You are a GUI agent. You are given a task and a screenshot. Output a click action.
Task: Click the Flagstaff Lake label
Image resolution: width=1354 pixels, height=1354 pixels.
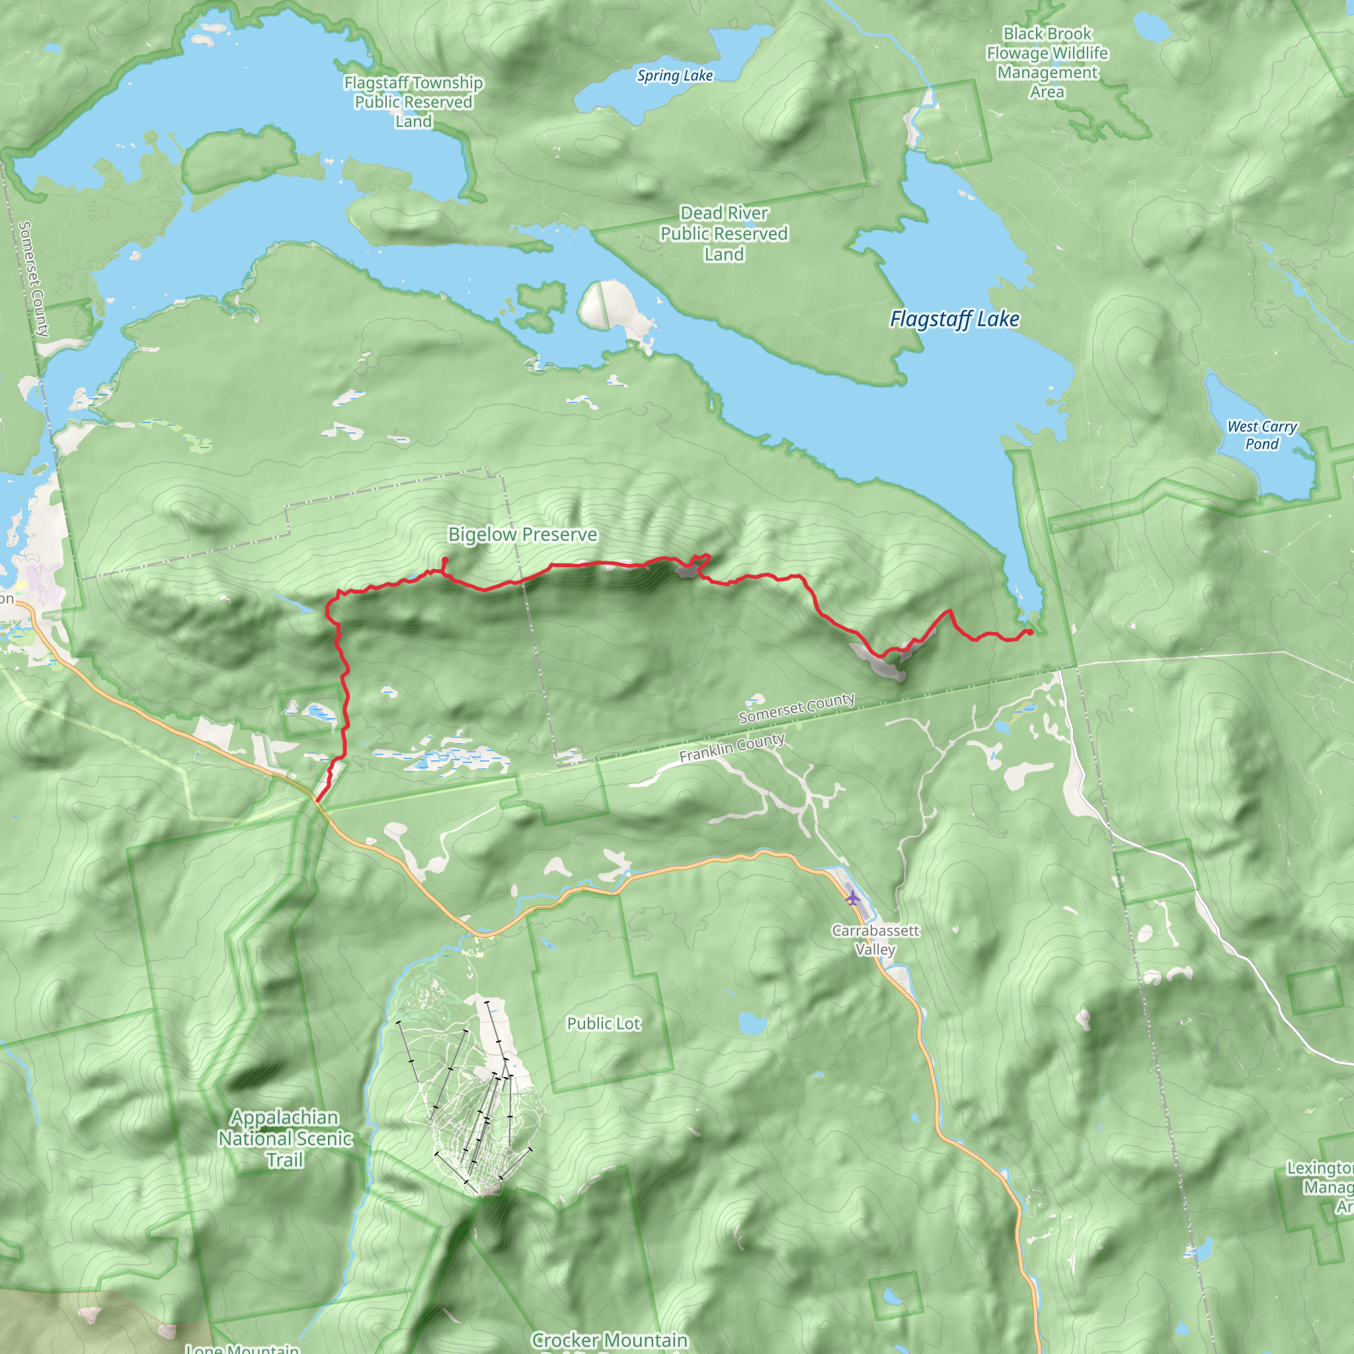click(954, 319)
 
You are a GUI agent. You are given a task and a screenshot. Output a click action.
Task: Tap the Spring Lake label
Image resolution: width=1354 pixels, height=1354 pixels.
click(674, 75)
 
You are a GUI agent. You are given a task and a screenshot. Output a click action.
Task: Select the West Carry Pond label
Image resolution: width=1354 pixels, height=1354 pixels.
click(1261, 434)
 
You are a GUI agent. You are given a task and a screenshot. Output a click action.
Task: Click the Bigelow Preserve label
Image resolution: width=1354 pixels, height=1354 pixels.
click(523, 535)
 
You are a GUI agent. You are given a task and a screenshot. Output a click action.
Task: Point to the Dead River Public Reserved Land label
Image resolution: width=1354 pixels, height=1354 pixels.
click(724, 233)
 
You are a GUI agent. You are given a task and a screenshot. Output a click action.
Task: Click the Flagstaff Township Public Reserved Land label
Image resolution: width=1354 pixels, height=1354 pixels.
click(413, 102)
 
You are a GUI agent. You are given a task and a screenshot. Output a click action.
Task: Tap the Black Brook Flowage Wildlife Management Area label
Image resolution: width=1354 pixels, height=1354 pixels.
click(1047, 63)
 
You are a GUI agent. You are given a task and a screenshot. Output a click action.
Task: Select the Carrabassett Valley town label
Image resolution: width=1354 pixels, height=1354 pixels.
click(875, 940)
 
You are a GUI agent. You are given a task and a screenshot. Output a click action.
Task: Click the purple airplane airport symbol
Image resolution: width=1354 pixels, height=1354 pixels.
click(852, 898)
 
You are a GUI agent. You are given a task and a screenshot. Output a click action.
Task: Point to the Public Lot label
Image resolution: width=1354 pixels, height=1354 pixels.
click(604, 1024)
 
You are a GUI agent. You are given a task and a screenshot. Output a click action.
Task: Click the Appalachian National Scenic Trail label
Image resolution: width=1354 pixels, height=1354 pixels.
click(285, 1138)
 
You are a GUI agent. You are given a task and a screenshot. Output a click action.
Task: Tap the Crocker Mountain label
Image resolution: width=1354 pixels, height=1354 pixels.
click(610, 1340)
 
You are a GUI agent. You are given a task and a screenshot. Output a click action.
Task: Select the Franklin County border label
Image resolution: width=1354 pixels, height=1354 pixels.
click(732, 748)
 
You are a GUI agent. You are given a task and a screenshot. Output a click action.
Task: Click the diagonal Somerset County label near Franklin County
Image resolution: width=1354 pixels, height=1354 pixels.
click(796, 708)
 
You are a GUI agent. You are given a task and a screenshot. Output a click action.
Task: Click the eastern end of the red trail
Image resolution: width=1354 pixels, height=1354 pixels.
click(1029, 632)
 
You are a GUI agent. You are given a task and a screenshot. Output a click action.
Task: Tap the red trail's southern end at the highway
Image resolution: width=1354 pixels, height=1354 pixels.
click(317, 801)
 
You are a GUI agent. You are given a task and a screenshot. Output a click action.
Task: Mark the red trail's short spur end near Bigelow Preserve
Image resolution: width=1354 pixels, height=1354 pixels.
click(445, 559)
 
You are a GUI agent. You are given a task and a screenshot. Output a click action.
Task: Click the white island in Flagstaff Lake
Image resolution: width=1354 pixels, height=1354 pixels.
click(608, 305)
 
